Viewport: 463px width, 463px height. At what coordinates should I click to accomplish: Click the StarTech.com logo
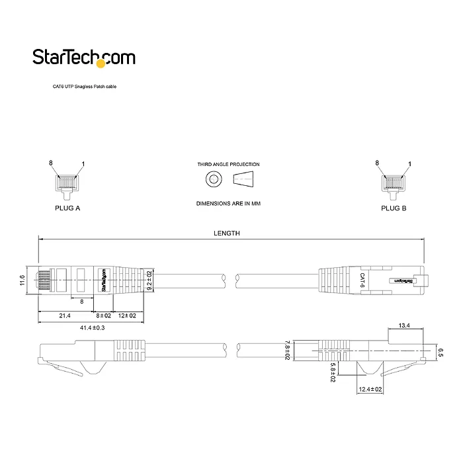(84, 58)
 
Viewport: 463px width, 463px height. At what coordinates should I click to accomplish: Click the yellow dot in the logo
(101, 65)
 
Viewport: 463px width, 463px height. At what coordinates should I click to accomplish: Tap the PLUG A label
(67, 208)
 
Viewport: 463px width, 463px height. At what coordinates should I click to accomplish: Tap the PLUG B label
(394, 208)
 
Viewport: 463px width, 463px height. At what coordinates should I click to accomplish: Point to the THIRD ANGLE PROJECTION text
(228, 164)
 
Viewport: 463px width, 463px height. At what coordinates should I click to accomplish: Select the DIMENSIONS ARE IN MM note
(228, 204)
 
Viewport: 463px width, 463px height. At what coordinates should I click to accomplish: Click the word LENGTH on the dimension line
(226, 233)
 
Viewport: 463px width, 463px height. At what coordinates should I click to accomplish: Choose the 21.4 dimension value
(65, 316)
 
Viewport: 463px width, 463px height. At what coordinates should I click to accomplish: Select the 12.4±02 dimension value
(370, 390)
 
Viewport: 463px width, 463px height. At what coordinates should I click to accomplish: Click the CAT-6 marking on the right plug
(362, 279)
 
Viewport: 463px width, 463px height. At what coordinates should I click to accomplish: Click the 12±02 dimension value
(128, 316)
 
